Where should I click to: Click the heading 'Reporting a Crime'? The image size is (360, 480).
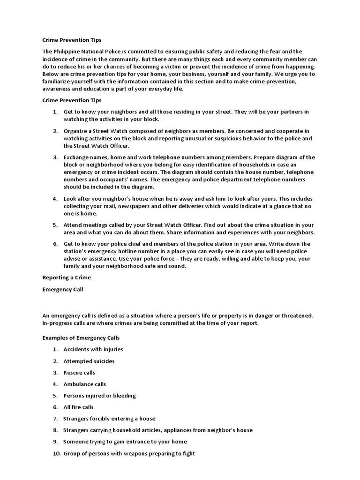pyautogui.click(x=67, y=277)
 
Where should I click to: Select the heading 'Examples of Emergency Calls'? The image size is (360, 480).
pyautogui.click(x=81, y=337)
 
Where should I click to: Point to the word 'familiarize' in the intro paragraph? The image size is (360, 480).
pyautogui.click(x=59, y=82)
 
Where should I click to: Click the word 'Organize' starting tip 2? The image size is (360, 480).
pyautogui.click(x=76, y=131)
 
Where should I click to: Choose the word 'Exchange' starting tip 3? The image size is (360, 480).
pyautogui.click(x=77, y=157)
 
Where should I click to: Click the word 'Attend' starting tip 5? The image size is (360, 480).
pyautogui.click(x=73, y=225)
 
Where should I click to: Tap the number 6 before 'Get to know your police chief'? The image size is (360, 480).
pyautogui.click(x=55, y=244)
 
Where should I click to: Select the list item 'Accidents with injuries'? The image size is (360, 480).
pyautogui.click(x=93, y=349)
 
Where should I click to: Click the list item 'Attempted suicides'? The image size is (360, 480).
pyautogui.click(x=89, y=361)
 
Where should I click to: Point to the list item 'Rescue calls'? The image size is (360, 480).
pyautogui.click(x=79, y=373)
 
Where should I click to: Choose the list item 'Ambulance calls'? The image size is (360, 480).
pyautogui.click(x=85, y=384)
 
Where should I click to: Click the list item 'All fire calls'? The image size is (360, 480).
pyautogui.click(x=79, y=407)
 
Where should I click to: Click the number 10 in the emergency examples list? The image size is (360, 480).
pyautogui.click(x=55, y=453)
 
